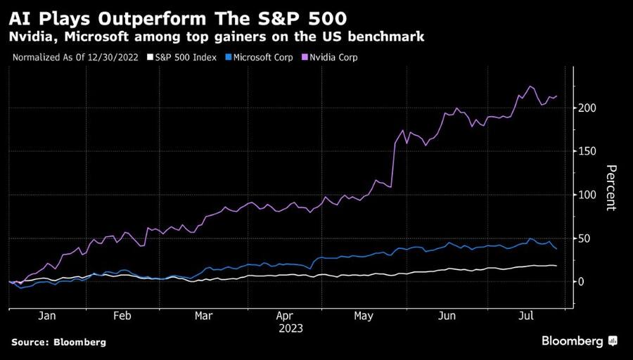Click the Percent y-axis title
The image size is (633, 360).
click(610, 187)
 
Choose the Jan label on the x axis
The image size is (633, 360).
click(46, 316)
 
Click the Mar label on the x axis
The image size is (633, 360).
click(204, 316)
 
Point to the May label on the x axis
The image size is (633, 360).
click(364, 316)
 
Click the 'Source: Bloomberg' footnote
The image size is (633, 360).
click(58, 342)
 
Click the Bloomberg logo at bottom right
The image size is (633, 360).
click(579, 341)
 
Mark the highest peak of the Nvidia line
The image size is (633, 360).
click(530, 86)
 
